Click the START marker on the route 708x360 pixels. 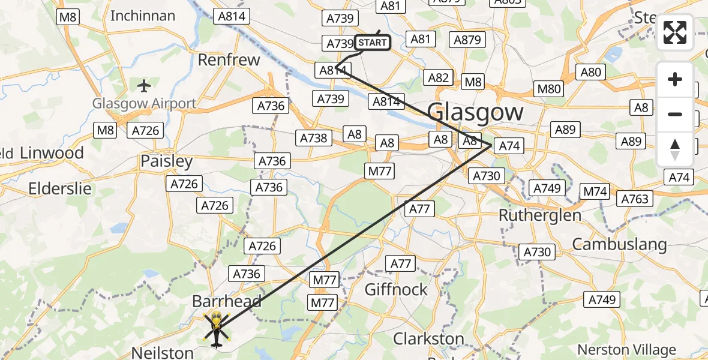[372, 43]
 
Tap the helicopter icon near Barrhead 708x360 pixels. [216, 328]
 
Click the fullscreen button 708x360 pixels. [675, 32]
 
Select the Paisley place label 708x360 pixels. [166, 161]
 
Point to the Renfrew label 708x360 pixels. [229, 60]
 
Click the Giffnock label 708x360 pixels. [397, 289]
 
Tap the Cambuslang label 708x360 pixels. [619, 244]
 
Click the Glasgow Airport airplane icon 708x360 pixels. [143, 86]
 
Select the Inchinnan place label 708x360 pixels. [143, 16]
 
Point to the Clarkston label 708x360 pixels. [428, 338]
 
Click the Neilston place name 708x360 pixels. [163, 352]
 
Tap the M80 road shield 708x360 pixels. [549, 89]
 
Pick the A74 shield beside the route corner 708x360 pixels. [509, 145]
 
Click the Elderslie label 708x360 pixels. [60, 189]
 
